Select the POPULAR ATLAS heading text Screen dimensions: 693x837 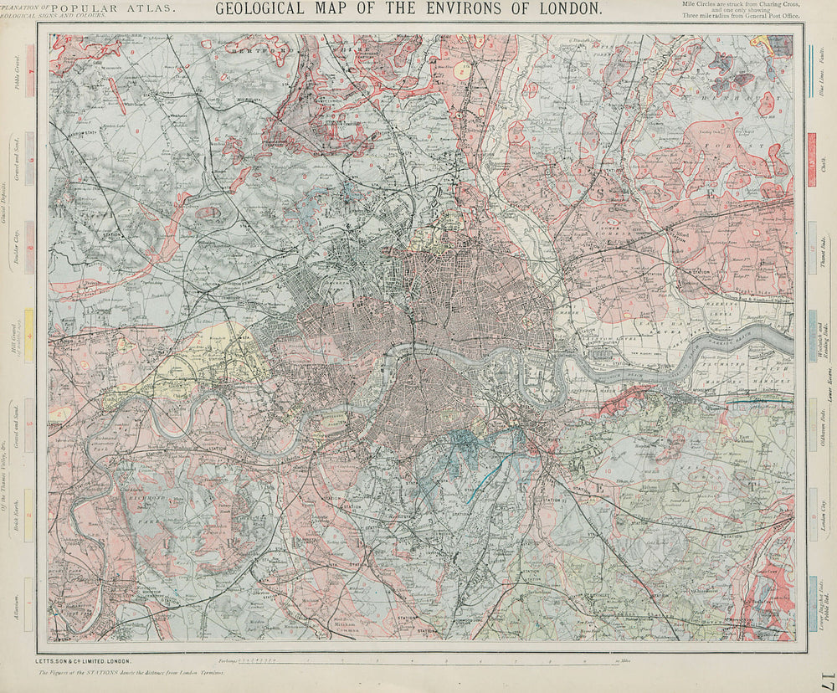[x=113, y=8]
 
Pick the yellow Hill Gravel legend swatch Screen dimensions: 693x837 [x=29, y=335]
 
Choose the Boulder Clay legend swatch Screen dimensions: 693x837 [x=29, y=247]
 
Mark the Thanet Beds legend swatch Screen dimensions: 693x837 [x=812, y=249]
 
